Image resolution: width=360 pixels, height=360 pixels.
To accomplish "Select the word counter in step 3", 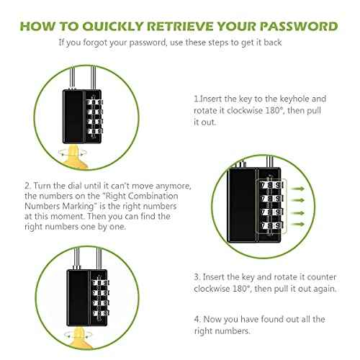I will click(x=317, y=276).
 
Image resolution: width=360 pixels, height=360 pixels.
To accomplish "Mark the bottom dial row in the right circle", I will click(x=272, y=227).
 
